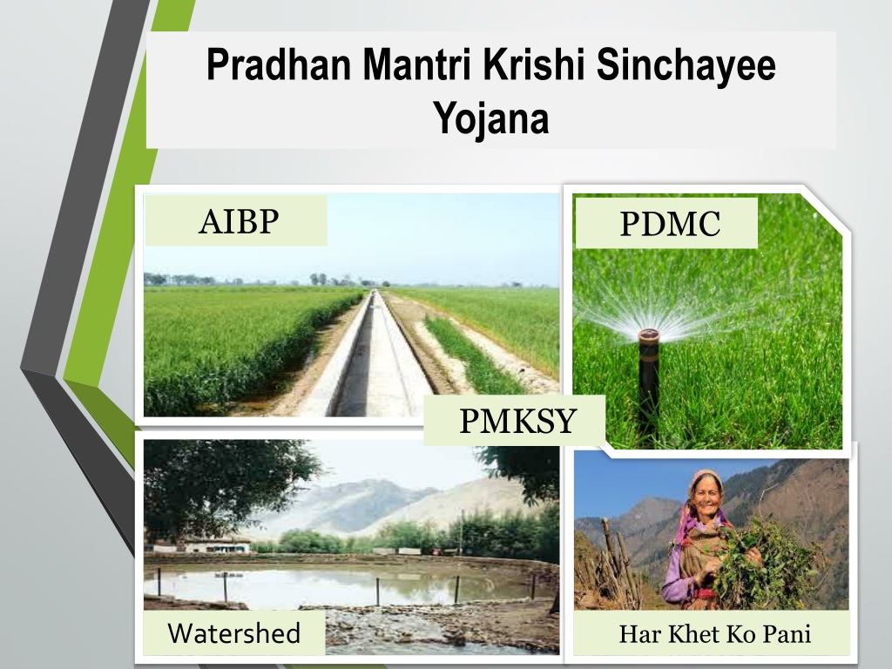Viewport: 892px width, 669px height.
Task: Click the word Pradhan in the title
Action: (279, 64)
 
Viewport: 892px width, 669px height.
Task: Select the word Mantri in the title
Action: (417, 64)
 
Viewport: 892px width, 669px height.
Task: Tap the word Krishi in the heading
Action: (534, 64)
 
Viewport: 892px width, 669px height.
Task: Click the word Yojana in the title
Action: (491, 118)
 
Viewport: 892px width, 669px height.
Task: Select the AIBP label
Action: (239, 221)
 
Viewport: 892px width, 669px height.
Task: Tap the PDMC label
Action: (670, 224)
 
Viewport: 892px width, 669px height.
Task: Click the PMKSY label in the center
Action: (518, 421)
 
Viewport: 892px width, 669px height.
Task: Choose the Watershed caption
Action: (233, 633)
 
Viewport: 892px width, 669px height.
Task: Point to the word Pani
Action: (787, 634)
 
